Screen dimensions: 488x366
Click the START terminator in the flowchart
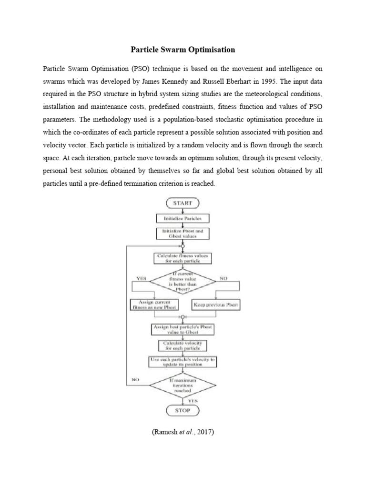[183, 203]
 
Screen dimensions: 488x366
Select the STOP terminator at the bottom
[183, 410]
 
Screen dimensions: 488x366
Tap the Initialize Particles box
[183, 218]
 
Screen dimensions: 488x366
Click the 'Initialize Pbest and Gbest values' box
[183, 234]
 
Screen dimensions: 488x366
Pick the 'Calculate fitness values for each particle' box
[183, 258]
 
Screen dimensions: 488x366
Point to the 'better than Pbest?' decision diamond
[183, 282]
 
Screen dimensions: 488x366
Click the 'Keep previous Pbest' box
[216, 305]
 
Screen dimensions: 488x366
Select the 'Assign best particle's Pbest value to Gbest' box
[183, 329]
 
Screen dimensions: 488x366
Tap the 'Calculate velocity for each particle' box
[183, 346]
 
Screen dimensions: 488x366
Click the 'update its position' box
[183, 362]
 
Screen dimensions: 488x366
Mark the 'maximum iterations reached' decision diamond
[183, 386]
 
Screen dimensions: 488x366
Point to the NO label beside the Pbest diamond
[224, 277]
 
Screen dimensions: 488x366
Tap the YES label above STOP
[193, 401]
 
